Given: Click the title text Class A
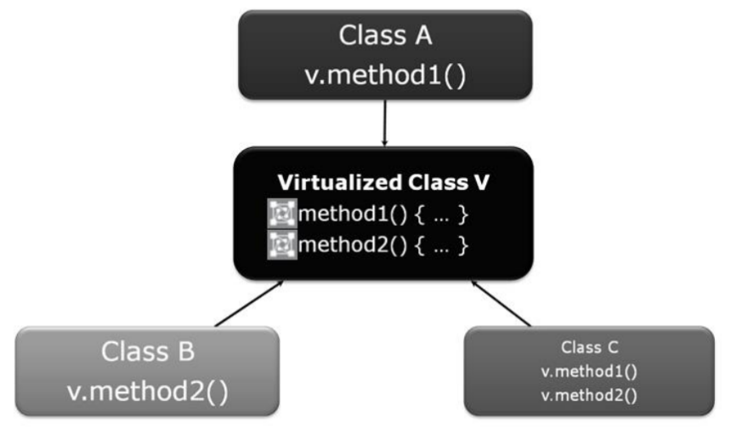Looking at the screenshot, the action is click(385, 35).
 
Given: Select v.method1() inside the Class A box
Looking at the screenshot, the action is click(385, 75).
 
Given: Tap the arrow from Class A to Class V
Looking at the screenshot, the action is click(384, 123).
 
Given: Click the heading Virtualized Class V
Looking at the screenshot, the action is click(383, 182).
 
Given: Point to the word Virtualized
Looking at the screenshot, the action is click(340, 182).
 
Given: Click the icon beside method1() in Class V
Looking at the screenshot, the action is click(282, 214).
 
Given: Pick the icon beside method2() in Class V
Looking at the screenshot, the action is click(282, 244).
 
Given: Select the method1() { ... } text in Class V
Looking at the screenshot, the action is click(382, 214).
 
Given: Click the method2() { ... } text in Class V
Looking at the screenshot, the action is click(382, 245).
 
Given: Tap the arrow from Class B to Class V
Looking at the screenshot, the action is click(249, 303).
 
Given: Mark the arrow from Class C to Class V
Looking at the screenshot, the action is click(501, 303).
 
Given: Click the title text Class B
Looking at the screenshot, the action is click(148, 352).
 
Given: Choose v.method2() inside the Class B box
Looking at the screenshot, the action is click(148, 392).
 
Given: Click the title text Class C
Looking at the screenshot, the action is click(589, 347).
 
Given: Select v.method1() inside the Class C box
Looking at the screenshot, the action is click(589, 372).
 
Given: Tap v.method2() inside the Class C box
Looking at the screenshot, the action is click(589, 396).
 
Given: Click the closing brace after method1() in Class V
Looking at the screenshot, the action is click(463, 214).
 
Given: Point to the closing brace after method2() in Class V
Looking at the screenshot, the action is click(463, 245).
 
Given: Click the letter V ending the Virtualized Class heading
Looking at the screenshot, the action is click(482, 182).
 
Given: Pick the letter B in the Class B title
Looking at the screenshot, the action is click(186, 352).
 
